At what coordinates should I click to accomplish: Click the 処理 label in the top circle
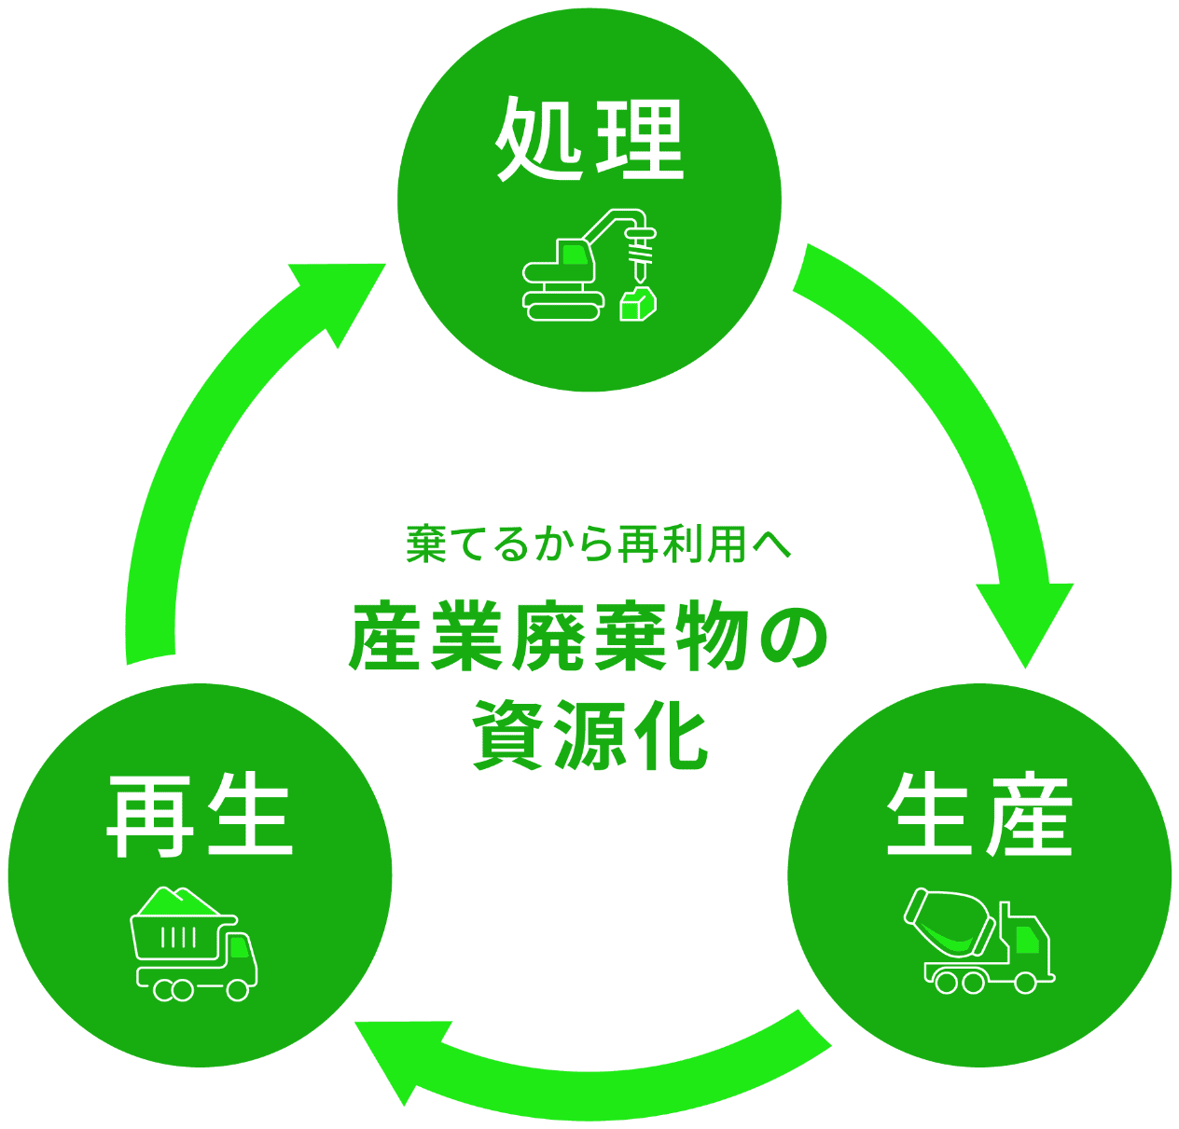[589, 139]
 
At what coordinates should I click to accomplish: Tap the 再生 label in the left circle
[200, 817]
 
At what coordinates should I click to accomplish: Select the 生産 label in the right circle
[979, 815]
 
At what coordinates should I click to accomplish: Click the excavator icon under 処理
[589, 267]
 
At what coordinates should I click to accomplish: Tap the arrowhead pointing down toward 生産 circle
[1024, 619]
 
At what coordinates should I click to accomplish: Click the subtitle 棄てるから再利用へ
[598, 544]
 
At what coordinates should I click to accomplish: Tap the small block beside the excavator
[638, 304]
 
